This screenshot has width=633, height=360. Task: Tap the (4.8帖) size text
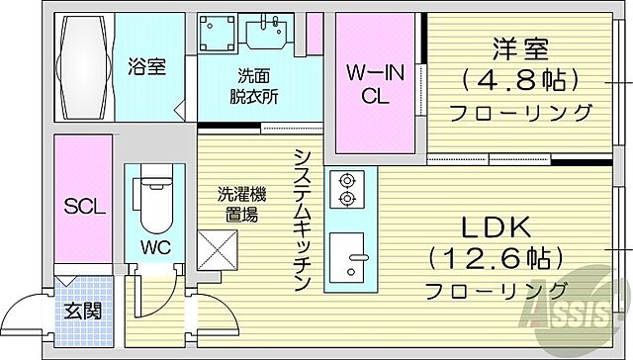click(520, 78)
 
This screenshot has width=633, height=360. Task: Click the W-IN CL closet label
click(374, 84)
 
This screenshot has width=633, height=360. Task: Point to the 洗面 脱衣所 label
click(254, 87)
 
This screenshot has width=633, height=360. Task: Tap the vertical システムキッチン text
click(302, 220)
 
